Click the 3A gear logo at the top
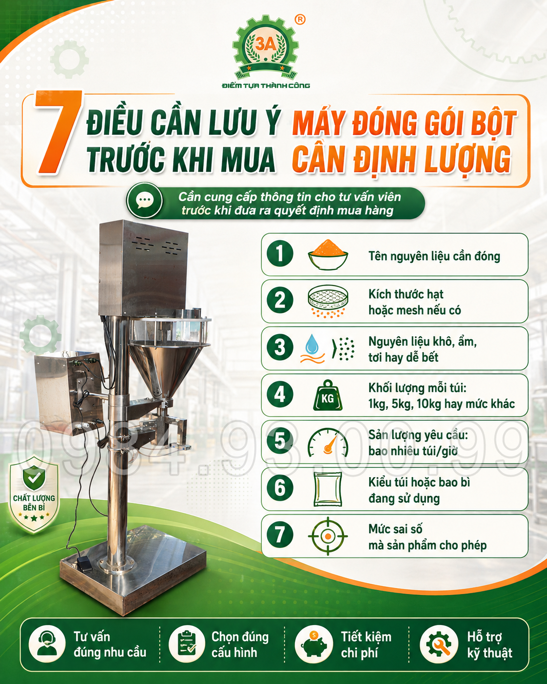tap(266, 48)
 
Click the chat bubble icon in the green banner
tap(144, 200)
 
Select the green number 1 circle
tap(279, 254)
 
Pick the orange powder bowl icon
tap(328, 254)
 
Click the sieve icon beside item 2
tap(328, 301)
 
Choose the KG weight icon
tap(328, 395)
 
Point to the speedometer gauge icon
tap(328, 443)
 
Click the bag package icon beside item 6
tap(328, 489)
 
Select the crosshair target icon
tap(328, 536)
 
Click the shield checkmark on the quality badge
tap(34, 478)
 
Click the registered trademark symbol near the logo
tap(300, 20)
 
